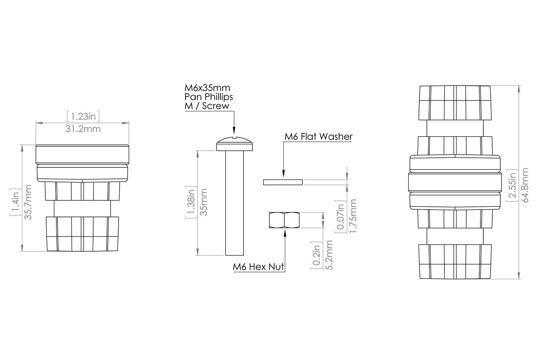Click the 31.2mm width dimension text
83,129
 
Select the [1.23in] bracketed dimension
83,116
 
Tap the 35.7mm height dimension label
28,202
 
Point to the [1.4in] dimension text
15,202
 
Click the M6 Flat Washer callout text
318,137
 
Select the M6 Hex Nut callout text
258,267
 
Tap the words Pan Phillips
209,97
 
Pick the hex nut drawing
284,220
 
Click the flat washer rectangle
283,182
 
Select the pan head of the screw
234,144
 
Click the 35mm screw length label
204,202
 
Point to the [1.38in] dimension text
191,202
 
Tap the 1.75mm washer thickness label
353,216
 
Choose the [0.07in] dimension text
340,216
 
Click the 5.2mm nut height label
329,255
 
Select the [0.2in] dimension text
316,255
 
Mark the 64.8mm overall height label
525,185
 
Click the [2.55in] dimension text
512,186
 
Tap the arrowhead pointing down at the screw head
234,130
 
